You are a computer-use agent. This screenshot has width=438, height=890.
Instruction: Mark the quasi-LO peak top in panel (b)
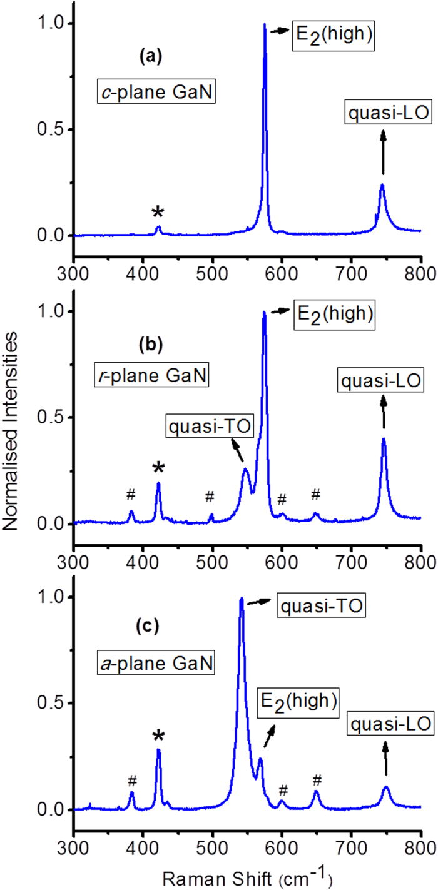coord(384,438)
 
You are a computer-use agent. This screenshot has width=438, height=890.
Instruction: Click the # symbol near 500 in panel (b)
coord(210,497)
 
